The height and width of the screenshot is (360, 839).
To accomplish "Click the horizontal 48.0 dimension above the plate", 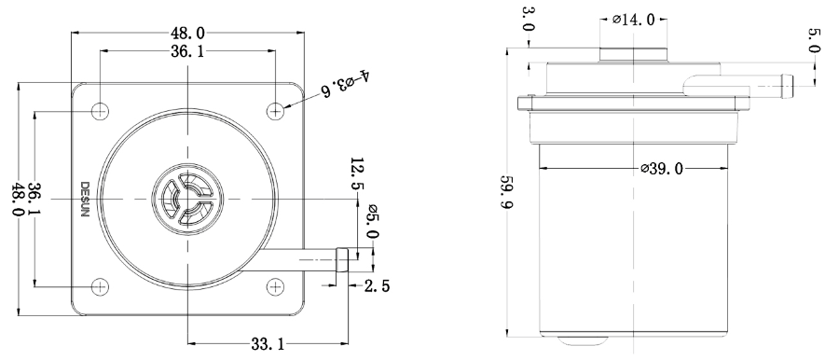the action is click(187, 34).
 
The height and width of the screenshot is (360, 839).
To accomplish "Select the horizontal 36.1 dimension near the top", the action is click(187, 51).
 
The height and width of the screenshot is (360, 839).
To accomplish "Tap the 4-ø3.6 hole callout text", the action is click(344, 82).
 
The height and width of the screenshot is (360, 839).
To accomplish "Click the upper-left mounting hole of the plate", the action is click(100, 111).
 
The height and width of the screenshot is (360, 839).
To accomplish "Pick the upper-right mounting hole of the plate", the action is click(276, 111).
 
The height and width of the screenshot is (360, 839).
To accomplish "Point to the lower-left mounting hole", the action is click(100, 286).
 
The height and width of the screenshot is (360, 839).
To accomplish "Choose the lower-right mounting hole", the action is click(276, 286).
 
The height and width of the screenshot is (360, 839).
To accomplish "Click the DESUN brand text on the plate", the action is click(85, 199).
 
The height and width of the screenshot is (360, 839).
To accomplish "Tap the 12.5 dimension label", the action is click(357, 174).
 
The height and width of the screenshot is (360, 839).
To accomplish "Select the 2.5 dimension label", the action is click(377, 286).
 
